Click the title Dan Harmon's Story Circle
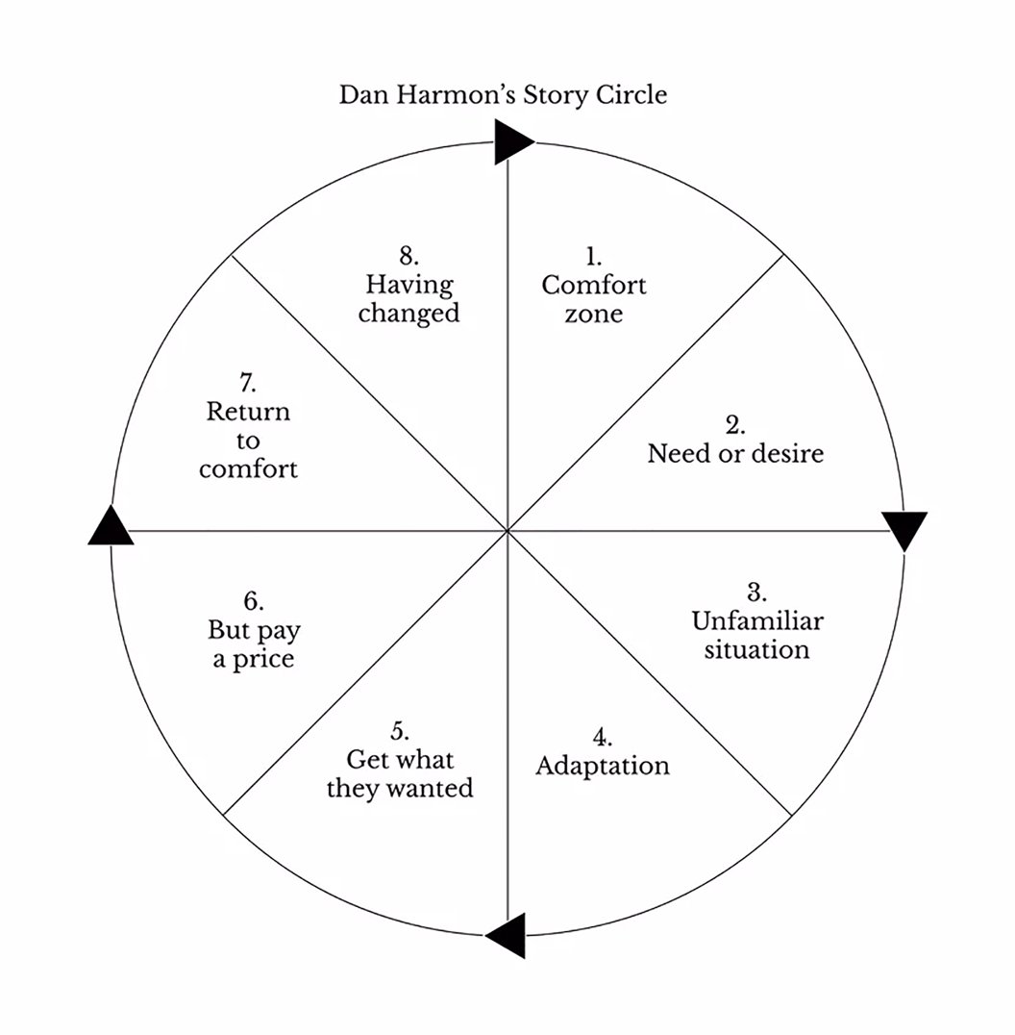point(503,95)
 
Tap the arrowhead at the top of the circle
point(512,141)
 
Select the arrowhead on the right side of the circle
point(904,530)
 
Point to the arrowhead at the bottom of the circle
point(507,935)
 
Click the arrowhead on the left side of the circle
point(111,526)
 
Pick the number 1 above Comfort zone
point(594,256)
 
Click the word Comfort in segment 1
point(594,285)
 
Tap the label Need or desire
point(735,453)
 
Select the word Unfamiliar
point(757,621)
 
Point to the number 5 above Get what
point(400,731)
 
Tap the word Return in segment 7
point(248,412)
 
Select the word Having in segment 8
point(409,285)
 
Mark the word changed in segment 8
point(408,314)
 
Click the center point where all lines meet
point(507,530)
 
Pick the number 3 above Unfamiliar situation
point(756,593)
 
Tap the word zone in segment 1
point(594,315)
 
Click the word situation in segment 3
point(756,650)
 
